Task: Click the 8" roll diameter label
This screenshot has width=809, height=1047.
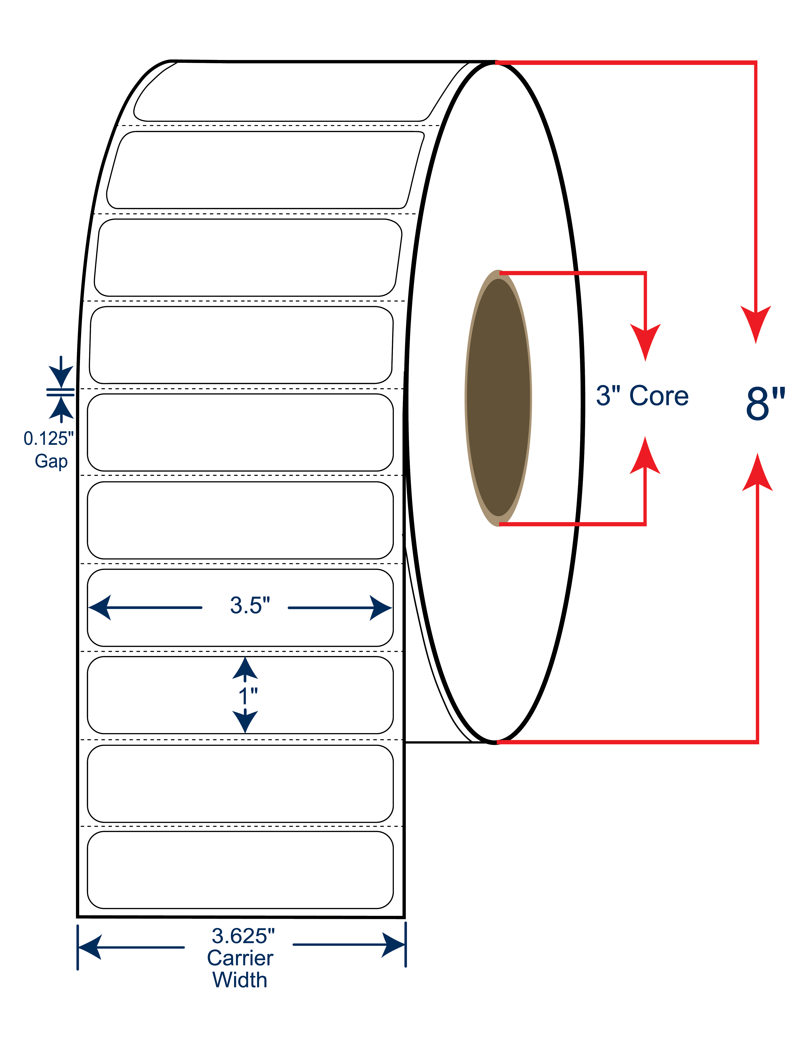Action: (765, 403)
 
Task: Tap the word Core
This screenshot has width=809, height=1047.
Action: (659, 396)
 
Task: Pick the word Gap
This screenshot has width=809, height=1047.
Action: (51, 461)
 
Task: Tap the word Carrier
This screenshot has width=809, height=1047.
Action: (240, 958)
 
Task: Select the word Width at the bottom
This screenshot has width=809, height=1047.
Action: (240, 979)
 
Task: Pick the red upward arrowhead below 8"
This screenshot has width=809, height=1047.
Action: (757, 472)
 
